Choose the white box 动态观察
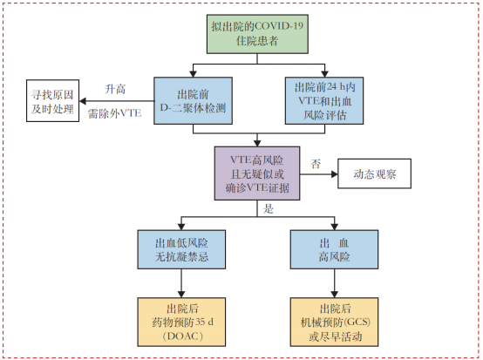point(376,173)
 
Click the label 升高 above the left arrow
point(115,89)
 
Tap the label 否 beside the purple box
point(316,163)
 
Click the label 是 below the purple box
point(268,210)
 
